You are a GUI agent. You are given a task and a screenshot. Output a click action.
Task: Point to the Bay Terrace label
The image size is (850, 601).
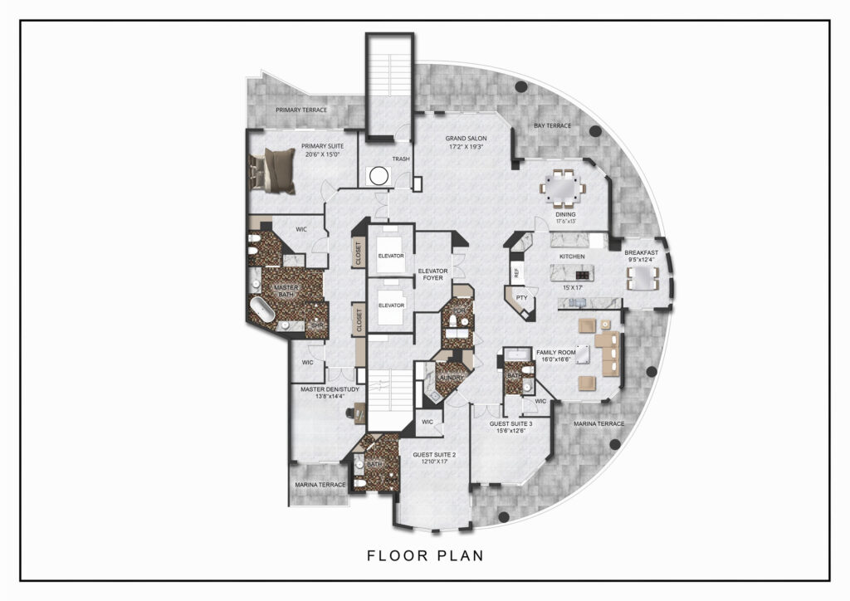click(x=552, y=125)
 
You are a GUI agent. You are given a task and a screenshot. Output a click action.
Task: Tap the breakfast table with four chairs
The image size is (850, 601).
click(x=644, y=276)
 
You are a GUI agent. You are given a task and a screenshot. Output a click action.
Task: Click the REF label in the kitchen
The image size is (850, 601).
click(x=516, y=271)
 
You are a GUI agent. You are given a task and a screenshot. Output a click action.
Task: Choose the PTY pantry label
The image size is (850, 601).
click(x=521, y=296)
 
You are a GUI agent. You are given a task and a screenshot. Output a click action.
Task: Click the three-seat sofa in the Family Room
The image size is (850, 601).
click(x=612, y=354)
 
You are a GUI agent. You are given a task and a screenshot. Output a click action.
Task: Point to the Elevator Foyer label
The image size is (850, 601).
click(x=432, y=276)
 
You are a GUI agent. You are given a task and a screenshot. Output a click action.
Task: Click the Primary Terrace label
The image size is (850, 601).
click(x=301, y=110)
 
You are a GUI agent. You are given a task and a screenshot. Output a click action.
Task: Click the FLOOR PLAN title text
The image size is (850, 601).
click(x=426, y=555)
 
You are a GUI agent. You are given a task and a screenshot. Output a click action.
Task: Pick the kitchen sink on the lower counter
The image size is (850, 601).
click(x=576, y=302)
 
